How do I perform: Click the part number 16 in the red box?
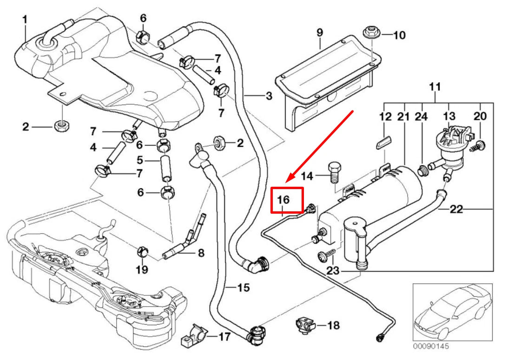point(284,200)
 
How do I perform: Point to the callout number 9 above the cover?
point(320,33)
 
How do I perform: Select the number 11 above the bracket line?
point(435,86)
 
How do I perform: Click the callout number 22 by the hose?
point(457,209)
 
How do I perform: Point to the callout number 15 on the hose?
point(244,288)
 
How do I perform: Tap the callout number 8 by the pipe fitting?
point(201,253)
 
